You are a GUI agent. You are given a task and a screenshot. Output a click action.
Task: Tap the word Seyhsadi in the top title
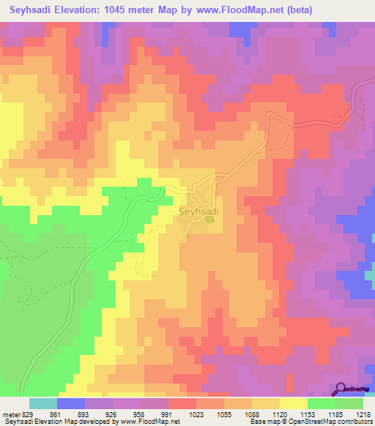point(34,10)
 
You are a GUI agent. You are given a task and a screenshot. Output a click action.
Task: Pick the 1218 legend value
point(363,414)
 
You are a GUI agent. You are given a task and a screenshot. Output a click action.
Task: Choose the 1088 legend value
point(250,414)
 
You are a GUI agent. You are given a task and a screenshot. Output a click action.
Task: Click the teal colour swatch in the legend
point(43,403)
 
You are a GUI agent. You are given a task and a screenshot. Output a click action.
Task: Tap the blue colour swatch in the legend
point(71,403)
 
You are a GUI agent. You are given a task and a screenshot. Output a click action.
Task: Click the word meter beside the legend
point(10,414)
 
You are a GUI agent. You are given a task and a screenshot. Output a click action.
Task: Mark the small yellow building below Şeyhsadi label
point(202,217)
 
